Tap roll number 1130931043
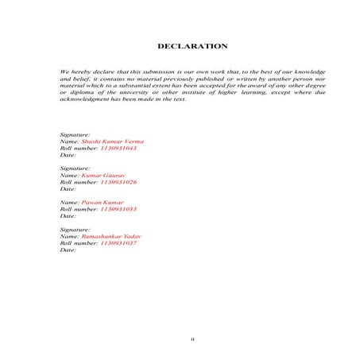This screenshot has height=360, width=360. coord(118,148)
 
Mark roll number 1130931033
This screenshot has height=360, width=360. coord(118,209)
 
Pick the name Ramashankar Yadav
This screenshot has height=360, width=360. coord(110,236)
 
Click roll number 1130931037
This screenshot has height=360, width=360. coord(118,242)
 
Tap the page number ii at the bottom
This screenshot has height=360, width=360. coord(192,339)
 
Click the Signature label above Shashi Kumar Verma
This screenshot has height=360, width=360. coord(75,135)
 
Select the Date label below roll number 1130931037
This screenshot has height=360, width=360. coord(68,250)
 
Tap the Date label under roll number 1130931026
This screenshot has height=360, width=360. coord(68,189)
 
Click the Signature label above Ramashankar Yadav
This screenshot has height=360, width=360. coord(75,230)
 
